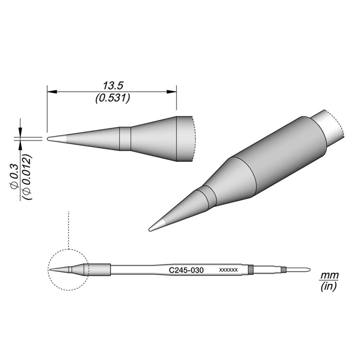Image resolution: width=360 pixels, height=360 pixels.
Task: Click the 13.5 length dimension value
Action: pos(113,86)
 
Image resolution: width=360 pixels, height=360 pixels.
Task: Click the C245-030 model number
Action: pos(186,270)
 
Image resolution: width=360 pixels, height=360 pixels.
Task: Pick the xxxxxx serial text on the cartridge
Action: pos(229,270)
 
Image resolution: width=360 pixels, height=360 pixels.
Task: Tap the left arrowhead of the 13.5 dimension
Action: pos(52,92)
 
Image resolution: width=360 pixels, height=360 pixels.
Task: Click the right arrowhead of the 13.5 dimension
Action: pos(172,92)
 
